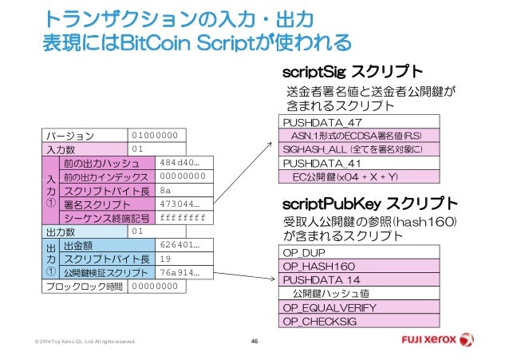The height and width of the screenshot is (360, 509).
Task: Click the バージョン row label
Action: pos(70,134)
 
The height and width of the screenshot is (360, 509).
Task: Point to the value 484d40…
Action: pos(180,162)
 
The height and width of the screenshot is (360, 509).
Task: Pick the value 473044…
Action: pos(181,204)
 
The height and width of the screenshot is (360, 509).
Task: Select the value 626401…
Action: pos(180,246)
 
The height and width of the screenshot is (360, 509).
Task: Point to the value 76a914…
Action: pos(180,273)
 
